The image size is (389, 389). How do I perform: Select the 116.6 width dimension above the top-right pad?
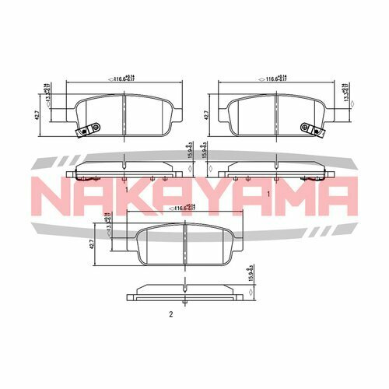point(277,79)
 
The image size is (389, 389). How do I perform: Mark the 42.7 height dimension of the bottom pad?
point(93,243)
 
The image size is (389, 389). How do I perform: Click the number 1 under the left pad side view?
point(125,188)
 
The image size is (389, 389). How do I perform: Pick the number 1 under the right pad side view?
point(268,192)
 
